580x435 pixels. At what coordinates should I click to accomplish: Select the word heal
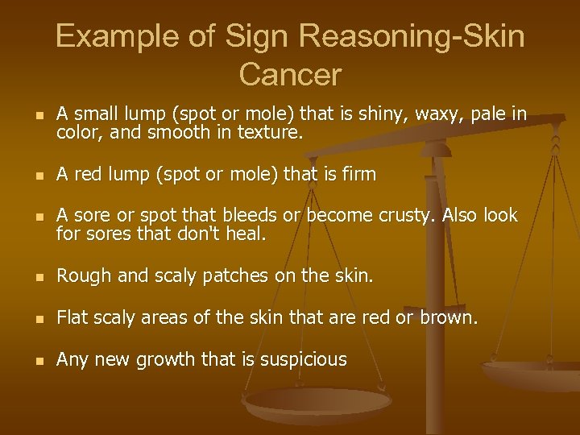247,234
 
